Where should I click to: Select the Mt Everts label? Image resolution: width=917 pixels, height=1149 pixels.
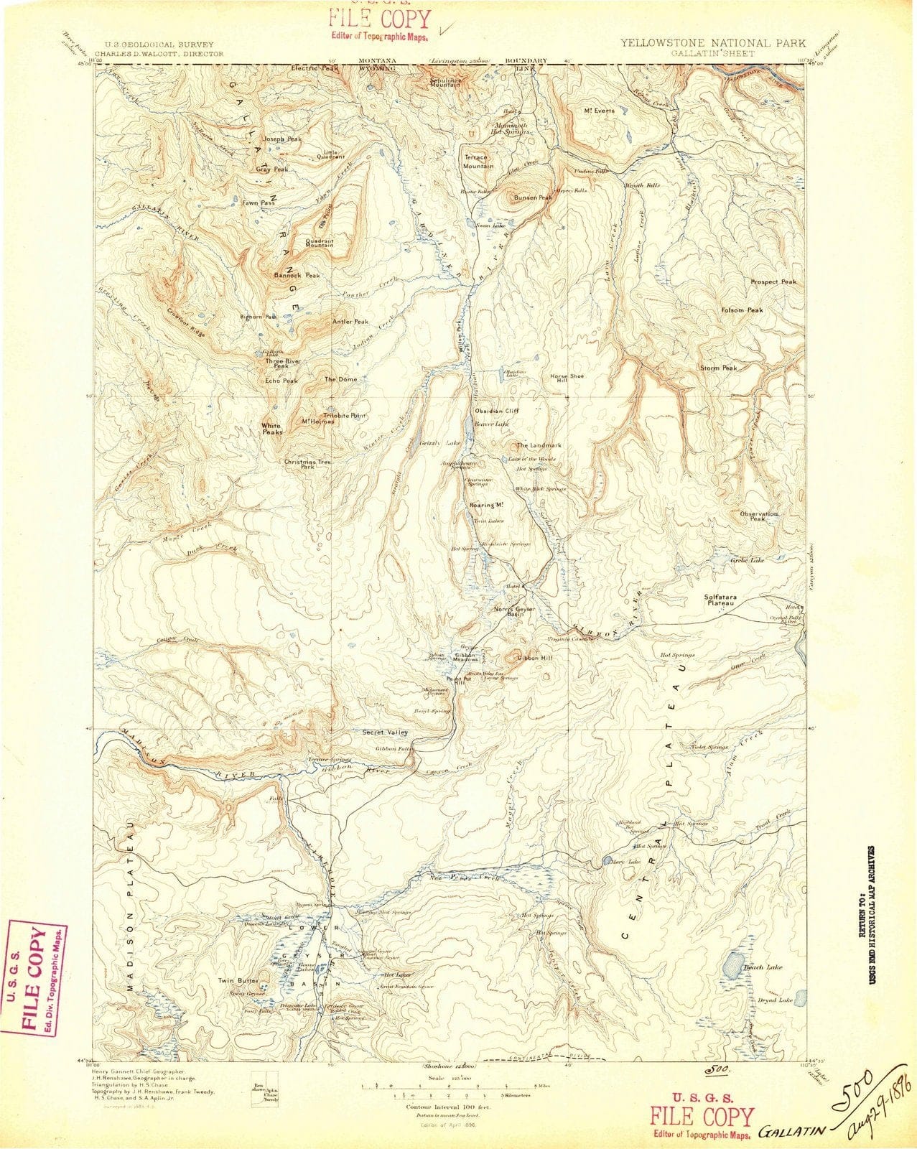(x=596, y=111)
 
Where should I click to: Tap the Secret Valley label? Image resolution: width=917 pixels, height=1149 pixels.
(x=385, y=732)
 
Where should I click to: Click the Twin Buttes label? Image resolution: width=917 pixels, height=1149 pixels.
(x=238, y=980)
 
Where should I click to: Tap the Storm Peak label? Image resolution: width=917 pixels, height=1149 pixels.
(x=719, y=368)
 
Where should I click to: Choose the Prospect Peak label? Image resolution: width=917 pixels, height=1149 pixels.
(x=773, y=282)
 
